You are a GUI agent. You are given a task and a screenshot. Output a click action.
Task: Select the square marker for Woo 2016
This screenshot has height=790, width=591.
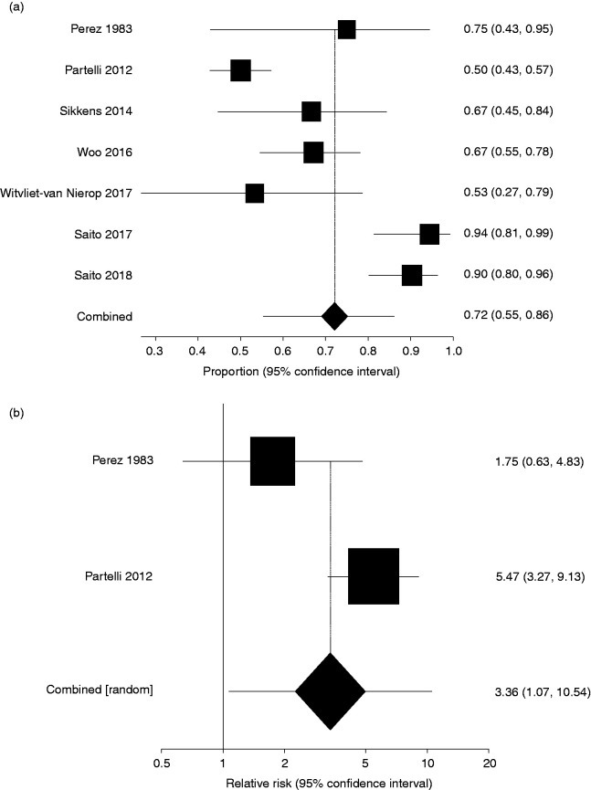(313, 153)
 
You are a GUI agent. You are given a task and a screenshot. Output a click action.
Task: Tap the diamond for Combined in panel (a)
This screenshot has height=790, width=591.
(335, 317)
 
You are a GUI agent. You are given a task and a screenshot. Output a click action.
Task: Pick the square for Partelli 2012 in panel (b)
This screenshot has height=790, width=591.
(374, 576)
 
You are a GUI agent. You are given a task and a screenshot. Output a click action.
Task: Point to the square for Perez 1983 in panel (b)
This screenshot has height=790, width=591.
(272, 461)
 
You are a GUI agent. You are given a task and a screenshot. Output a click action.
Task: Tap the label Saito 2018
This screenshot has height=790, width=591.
(102, 276)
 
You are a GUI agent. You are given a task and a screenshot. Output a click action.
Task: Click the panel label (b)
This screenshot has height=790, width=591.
(16, 413)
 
